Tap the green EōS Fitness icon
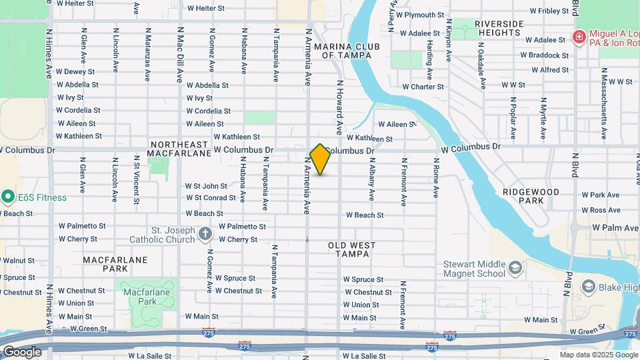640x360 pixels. click(x=8, y=197)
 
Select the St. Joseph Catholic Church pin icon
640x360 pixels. click(x=205, y=234)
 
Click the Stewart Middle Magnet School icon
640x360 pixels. click(x=515, y=268)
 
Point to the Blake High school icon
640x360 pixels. click(x=588, y=287)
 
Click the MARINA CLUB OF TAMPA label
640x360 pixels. click(x=343, y=51)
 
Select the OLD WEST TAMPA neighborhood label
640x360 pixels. click(x=352, y=251)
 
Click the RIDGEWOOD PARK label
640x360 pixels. click(x=531, y=195)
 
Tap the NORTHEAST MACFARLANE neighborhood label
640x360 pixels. click(x=179, y=150)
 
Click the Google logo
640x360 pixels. click(x=22, y=352)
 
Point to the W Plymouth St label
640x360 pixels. click(x=420, y=15)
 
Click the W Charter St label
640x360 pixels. click(x=423, y=87)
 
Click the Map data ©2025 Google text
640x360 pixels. click(x=598, y=355)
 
